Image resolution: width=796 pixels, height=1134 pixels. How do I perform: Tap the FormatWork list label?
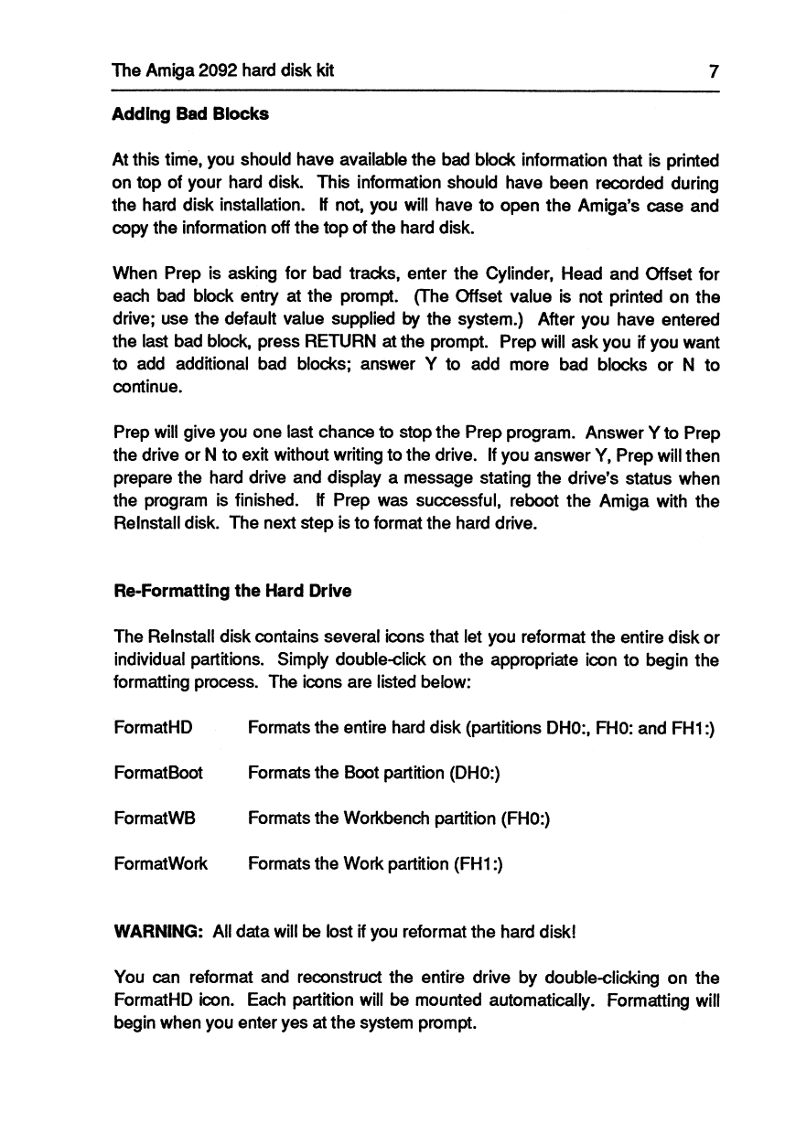(161, 862)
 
